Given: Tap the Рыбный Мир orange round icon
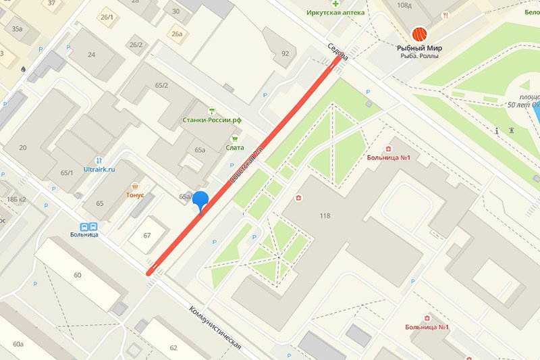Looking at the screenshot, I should click(x=420, y=34).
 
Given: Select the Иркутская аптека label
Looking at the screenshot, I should click(x=335, y=13).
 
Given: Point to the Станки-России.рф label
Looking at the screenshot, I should click(x=212, y=120).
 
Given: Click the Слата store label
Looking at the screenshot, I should click(x=235, y=147).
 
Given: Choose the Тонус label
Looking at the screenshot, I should click(x=135, y=194).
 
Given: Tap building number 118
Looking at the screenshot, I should click(x=325, y=216).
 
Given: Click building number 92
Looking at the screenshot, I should click(x=284, y=53).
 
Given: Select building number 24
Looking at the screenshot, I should click(x=91, y=55).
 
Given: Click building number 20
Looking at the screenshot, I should click(x=23, y=148).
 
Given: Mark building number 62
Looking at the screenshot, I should click(x=173, y=348).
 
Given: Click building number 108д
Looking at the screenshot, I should click(x=424, y=5).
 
